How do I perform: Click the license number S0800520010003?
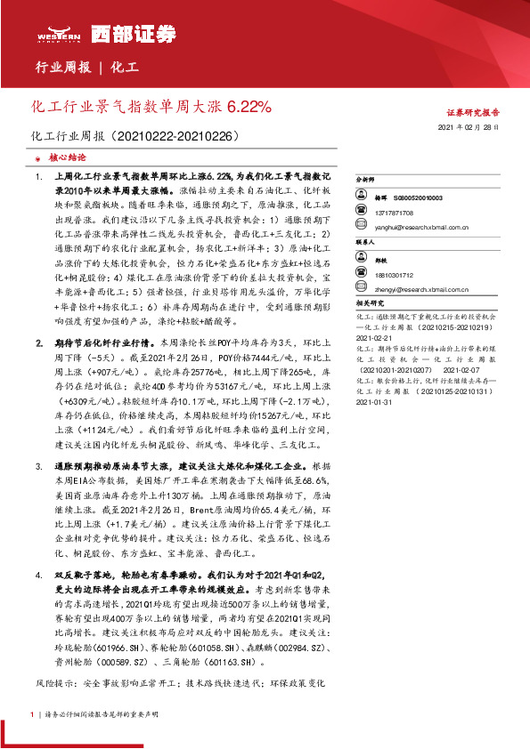[x=418, y=197]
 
